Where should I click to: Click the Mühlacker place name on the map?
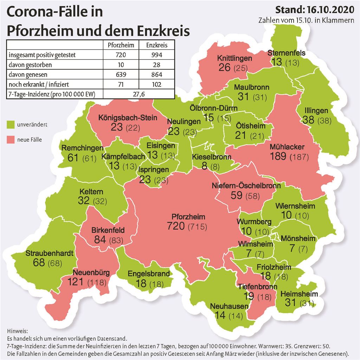click(x=287, y=147)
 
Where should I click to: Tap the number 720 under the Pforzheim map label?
click(x=176, y=226)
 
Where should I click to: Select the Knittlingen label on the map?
click(x=234, y=58)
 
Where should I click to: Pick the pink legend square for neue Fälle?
click(x=10, y=140)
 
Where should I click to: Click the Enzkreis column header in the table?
click(x=156, y=45)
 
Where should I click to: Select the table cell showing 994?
click(x=156, y=55)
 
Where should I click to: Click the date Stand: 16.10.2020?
click(x=315, y=9)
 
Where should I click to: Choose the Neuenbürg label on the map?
click(x=91, y=272)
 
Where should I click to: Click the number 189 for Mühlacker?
click(x=278, y=156)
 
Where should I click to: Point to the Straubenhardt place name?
click(x=49, y=253)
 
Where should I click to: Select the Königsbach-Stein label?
click(x=128, y=118)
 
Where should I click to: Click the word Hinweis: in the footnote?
click(x=16, y=331)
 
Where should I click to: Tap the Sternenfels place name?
click(x=287, y=53)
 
